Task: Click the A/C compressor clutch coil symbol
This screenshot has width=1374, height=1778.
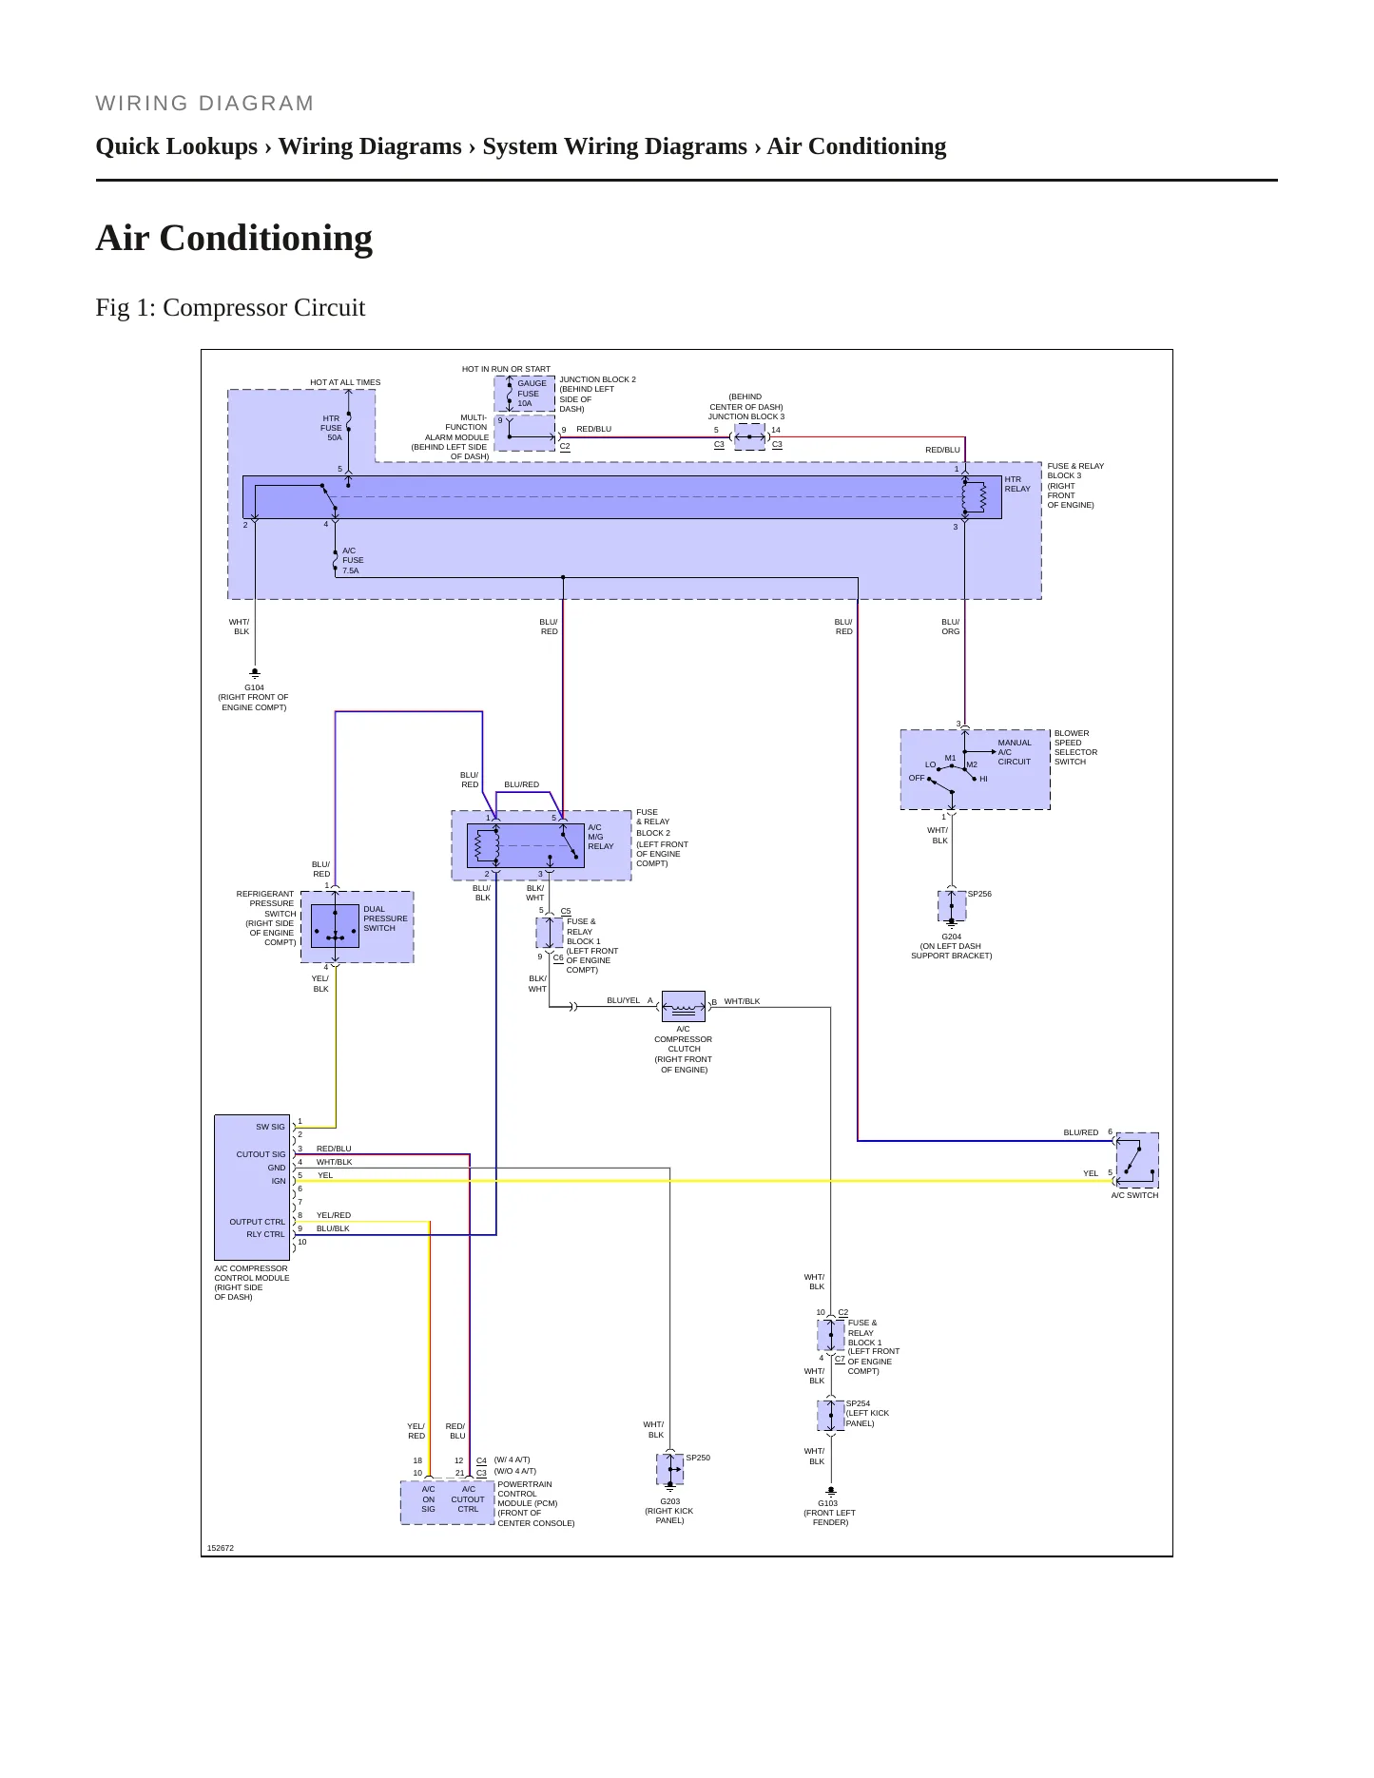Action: tap(683, 1006)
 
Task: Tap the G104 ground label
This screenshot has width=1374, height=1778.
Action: tap(254, 687)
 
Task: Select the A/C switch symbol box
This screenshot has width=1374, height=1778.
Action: tap(1137, 1160)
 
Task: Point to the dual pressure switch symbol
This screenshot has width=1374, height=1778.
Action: tap(335, 926)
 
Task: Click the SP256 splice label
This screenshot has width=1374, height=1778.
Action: tap(979, 894)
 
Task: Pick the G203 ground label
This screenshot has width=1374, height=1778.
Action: tap(669, 1501)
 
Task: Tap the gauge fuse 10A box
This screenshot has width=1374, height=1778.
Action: tap(525, 394)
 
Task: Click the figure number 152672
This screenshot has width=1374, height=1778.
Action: tap(221, 1548)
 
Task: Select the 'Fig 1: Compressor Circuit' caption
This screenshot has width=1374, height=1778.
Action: tap(230, 308)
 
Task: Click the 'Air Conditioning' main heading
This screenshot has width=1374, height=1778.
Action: tap(234, 238)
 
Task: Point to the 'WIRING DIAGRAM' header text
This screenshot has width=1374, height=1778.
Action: tap(204, 104)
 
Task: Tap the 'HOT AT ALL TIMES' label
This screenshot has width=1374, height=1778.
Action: tap(345, 382)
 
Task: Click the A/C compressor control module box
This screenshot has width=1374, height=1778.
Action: tap(252, 1188)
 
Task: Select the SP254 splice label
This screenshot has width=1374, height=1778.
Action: tap(858, 1403)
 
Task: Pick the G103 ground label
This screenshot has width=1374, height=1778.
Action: tap(828, 1503)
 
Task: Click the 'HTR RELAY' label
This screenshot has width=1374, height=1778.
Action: tap(1017, 484)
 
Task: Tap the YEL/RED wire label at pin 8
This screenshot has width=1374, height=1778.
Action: tap(334, 1215)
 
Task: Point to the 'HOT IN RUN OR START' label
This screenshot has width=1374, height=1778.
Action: tap(506, 369)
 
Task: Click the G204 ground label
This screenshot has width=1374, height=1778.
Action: tap(951, 937)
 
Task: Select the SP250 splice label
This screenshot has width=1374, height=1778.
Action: tap(698, 1458)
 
